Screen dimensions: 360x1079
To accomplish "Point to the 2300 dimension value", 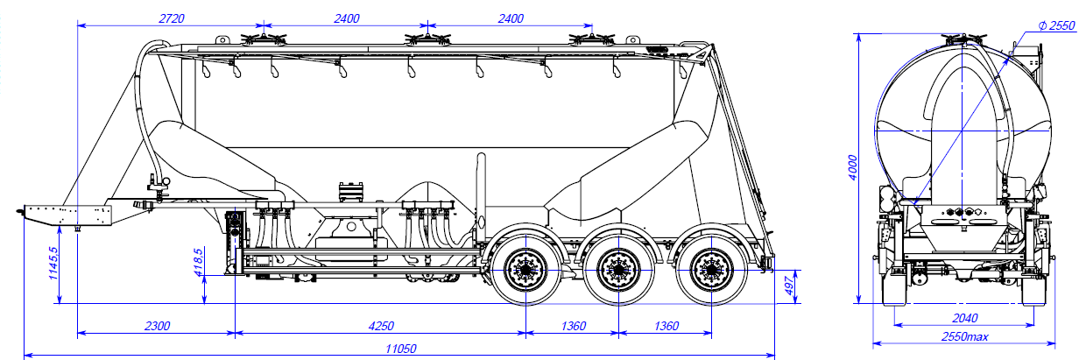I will [157, 326].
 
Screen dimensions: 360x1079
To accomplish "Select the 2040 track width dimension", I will [961, 319].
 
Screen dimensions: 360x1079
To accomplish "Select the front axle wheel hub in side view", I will [525, 268].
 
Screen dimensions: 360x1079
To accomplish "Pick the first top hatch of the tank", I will [262, 39].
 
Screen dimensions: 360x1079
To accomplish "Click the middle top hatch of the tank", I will [426, 39].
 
